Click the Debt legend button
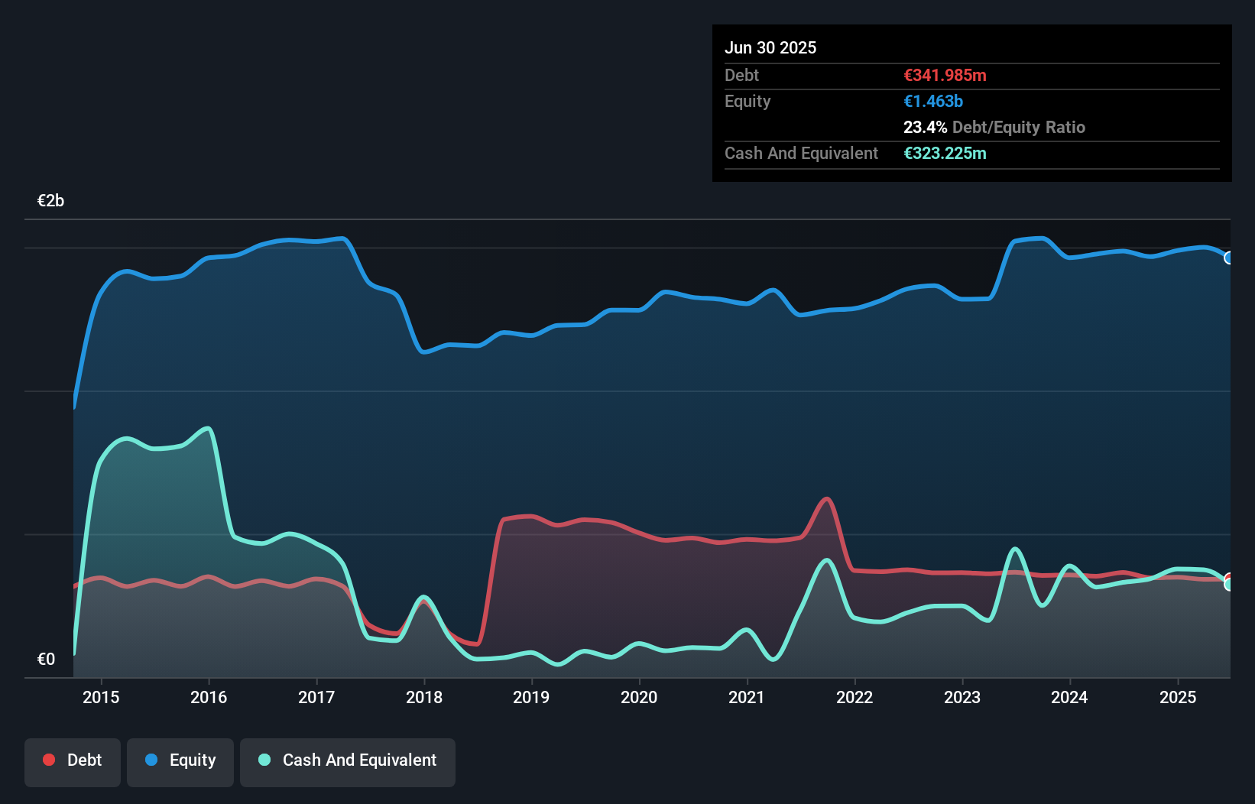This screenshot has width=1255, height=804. [x=73, y=760]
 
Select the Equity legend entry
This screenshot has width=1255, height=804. [x=180, y=760]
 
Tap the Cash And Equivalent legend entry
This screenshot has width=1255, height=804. [x=348, y=760]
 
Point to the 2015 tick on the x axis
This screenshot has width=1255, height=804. [x=101, y=697]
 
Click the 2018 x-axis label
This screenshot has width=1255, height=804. [x=424, y=697]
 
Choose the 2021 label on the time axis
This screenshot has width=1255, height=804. [x=747, y=697]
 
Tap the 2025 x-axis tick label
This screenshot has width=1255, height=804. [x=1178, y=697]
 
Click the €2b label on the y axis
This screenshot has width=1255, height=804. [x=50, y=201]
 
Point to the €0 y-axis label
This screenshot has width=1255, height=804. [x=46, y=659]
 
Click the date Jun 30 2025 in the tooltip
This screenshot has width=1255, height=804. [x=770, y=47]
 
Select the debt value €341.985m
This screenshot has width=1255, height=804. [x=945, y=75]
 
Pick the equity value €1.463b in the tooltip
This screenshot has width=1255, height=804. [x=933, y=101]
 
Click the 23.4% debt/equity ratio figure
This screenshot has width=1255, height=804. [x=925, y=127]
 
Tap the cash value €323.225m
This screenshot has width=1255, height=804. [x=945, y=153]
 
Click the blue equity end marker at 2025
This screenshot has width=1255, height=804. [x=1229, y=258]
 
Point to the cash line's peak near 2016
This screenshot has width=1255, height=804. [x=208, y=428]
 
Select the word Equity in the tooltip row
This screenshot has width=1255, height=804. [x=747, y=101]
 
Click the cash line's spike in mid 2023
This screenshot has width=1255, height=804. [x=1015, y=549]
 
